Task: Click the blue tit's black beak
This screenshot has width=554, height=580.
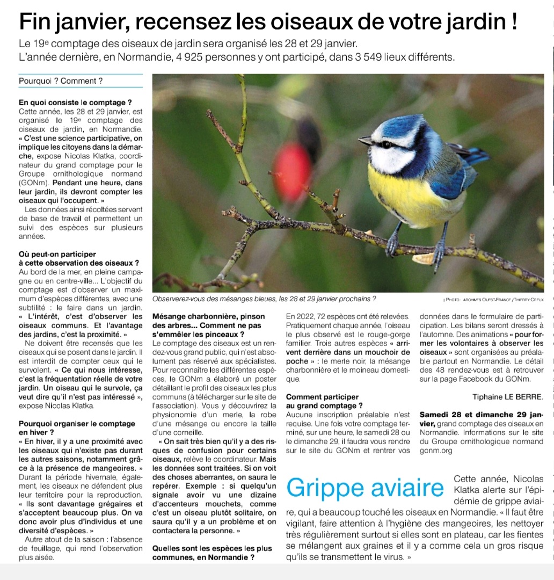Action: [365, 141]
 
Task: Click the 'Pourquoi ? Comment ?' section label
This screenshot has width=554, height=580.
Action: [61, 81]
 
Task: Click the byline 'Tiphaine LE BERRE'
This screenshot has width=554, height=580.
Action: [508, 397]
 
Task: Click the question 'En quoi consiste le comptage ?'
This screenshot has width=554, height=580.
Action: [75, 103]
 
